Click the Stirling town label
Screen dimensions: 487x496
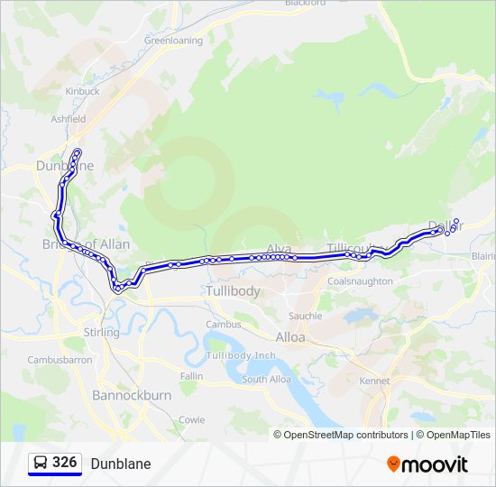101,333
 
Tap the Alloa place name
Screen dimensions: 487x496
290,337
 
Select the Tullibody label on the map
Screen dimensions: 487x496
233,291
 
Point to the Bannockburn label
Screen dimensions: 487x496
132,396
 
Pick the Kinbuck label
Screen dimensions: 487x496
82,91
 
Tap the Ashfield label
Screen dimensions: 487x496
69,119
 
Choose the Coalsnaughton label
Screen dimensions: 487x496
361,281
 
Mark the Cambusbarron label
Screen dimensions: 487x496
60,360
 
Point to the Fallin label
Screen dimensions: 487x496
191,375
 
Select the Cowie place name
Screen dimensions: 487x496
191,419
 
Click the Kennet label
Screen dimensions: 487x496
374,381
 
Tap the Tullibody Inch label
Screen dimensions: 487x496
241,355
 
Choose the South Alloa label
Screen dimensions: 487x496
266,380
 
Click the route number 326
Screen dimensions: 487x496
64,463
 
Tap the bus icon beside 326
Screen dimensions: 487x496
41,464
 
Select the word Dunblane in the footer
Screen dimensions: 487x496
121,464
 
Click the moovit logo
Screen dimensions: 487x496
427,464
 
